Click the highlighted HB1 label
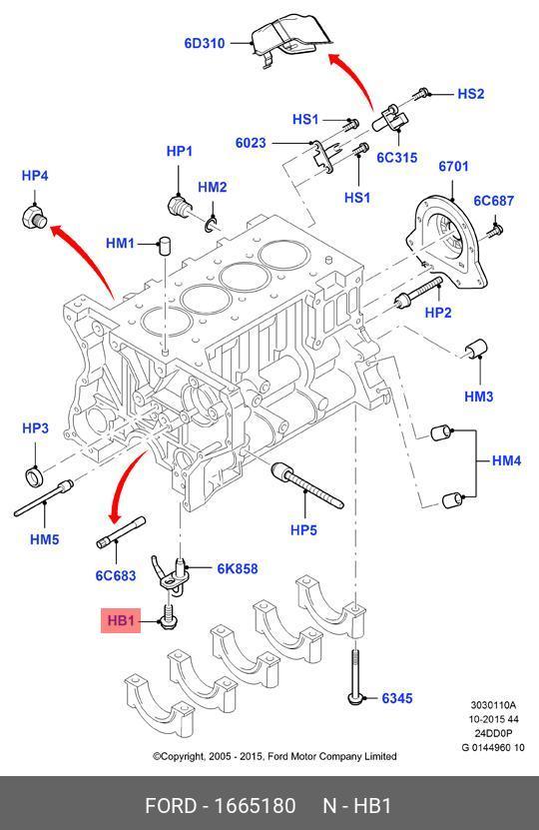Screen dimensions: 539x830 click(121, 620)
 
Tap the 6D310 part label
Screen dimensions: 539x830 click(205, 43)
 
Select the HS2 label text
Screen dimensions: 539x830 click(470, 94)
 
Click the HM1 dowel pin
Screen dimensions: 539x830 click(164, 246)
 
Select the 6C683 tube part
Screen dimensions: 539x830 click(121, 532)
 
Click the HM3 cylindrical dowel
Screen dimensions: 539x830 click(475, 348)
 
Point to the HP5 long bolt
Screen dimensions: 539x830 click(306, 484)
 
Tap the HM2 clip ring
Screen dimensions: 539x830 click(211, 225)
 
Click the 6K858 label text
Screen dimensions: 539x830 click(238, 568)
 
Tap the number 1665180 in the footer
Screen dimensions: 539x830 click(255, 806)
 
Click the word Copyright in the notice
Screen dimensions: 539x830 click(181, 756)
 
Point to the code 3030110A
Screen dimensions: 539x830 click(493, 705)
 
